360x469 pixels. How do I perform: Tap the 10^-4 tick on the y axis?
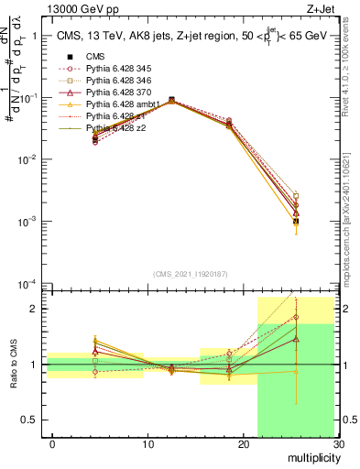27,283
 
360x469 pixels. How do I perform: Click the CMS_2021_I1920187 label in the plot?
190,274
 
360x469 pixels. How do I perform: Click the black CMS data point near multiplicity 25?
296,222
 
